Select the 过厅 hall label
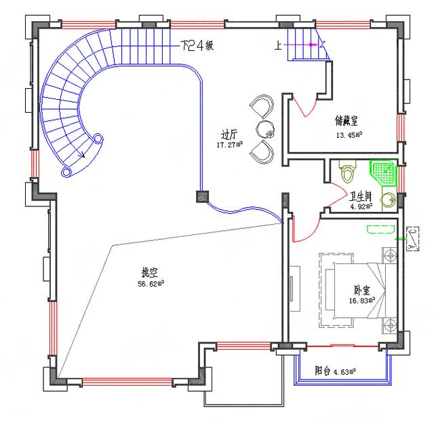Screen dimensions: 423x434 [229, 134]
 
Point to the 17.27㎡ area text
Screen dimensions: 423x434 [229, 145]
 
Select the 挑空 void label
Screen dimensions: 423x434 [149, 273]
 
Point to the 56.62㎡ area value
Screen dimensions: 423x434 [151, 284]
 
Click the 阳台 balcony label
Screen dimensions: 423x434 [323, 371]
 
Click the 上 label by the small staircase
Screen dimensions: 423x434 [278, 45]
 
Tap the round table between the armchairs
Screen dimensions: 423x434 [264, 128]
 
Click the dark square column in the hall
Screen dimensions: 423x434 [202, 196]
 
